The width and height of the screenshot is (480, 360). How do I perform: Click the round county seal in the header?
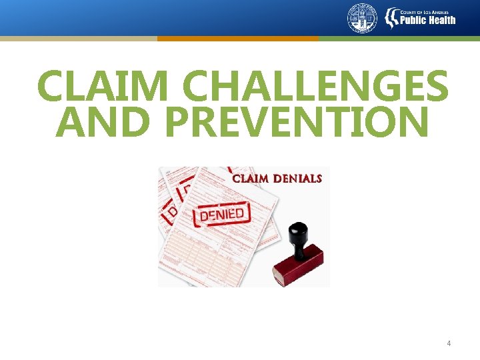tap(362, 18)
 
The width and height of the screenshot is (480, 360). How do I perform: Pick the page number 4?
tap(449, 343)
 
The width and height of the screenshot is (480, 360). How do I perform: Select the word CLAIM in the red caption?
tap(251, 179)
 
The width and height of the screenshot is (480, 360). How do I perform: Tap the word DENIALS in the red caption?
tap(297, 179)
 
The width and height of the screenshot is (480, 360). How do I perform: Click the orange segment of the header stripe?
tap(237, 39)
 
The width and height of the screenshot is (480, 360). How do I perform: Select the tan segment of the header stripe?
tap(78, 39)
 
